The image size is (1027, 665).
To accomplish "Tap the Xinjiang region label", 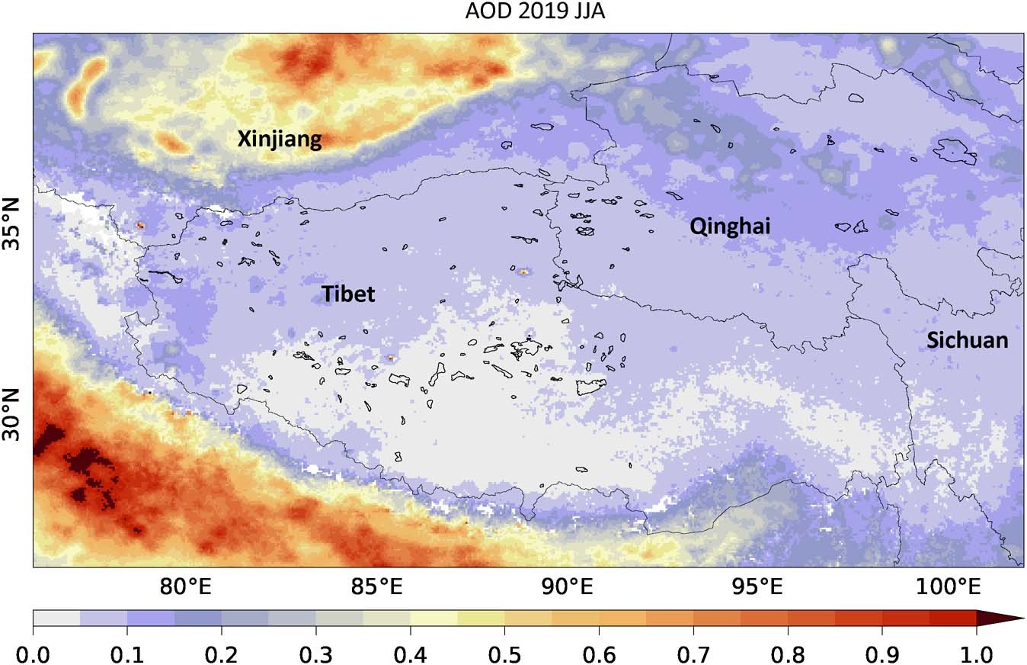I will point(280,139).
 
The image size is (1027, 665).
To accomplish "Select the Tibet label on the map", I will point(348,294).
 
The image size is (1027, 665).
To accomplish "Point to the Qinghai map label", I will point(730,226).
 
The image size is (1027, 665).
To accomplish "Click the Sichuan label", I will point(967,340).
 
